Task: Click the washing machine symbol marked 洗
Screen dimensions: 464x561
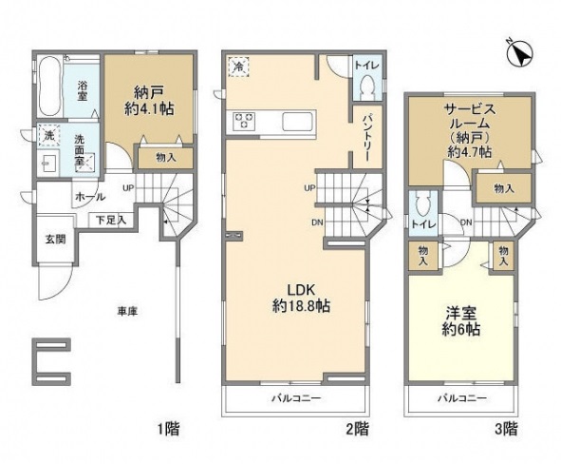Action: [46, 135]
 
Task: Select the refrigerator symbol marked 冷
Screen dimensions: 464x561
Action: [237, 67]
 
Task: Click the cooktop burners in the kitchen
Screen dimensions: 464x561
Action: [243, 122]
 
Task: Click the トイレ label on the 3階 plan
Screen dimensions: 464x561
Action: [424, 223]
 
